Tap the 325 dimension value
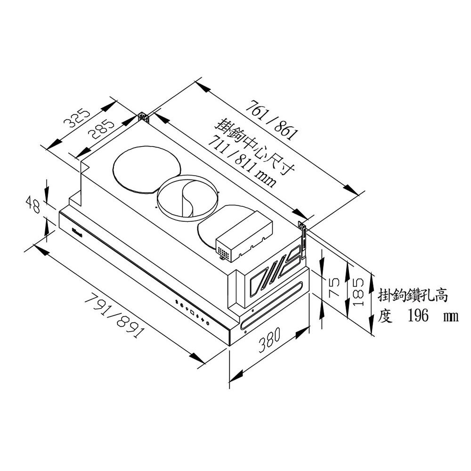point(77,118)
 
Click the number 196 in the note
point(416,315)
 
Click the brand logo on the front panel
point(78,231)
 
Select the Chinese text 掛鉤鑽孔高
point(413,296)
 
